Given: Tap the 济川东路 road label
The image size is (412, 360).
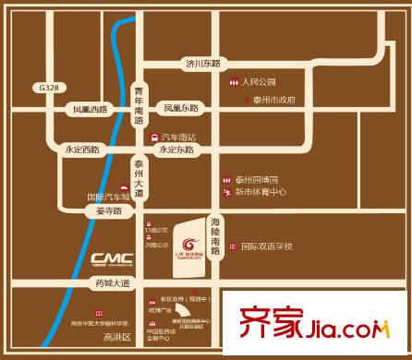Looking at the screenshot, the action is tap(203, 64).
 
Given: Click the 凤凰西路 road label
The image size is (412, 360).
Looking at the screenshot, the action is tap(91, 108).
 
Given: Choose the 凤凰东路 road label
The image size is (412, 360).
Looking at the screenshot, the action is tap(182, 108).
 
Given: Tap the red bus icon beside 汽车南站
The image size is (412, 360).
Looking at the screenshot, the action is tap(154, 137).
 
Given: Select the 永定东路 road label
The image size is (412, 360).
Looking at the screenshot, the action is tap(176, 149).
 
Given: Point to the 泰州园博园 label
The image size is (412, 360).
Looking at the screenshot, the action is tap(256, 178).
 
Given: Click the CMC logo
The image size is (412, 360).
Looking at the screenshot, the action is tap(113, 257).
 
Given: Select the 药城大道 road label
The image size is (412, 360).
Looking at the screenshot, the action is tap(115, 282).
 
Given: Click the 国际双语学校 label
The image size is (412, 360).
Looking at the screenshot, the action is tap(267, 246).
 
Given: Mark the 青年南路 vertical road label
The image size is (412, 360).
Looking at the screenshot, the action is tap(139, 102).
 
